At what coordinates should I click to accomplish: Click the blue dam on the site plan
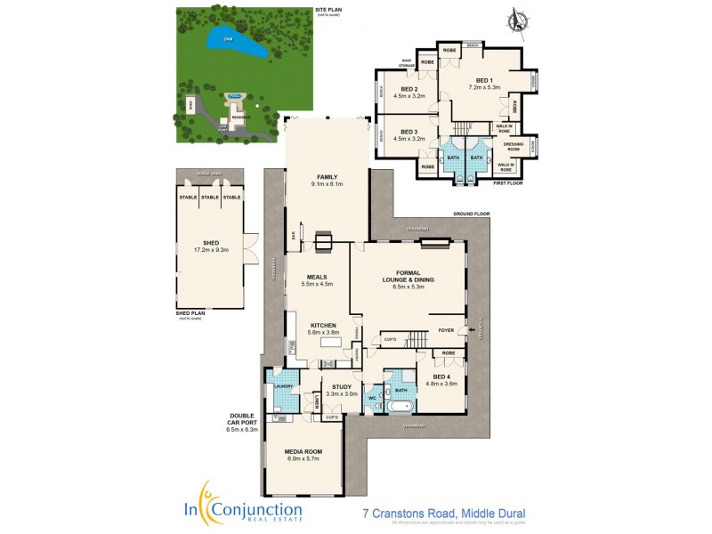(x=235, y=43)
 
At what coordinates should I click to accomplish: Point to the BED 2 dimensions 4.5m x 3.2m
(x=412, y=96)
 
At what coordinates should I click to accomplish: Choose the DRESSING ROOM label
(x=513, y=145)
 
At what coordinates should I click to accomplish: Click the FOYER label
(x=447, y=330)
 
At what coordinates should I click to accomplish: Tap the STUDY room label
(x=341, y=386)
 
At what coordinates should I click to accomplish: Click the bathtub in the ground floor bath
(x=398, y=407)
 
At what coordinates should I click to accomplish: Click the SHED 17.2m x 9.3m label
(x=211, y=247)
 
